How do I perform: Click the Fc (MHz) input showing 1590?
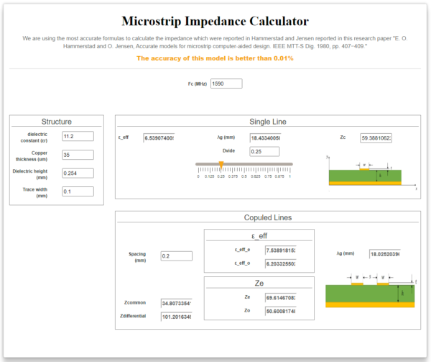tap(226, 83)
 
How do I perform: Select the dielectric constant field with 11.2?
tap(78, 136)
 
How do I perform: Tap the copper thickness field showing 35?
tap(78, 155)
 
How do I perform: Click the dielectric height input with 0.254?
tap(78, 173)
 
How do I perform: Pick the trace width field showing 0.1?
tap(78, 191)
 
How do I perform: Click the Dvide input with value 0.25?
tap(265, 151)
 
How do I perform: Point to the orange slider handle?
tap(221, 165)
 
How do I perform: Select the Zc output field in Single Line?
tap(376, 138)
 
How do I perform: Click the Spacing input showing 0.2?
tap(176, 255)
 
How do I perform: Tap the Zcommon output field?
tap(176, 303)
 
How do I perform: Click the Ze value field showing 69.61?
tap(281, 297)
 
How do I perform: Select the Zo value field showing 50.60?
tap(281, 310)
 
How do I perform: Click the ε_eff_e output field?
tap(281, 250)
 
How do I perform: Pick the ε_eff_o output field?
tap(281, 263)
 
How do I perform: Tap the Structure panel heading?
tap(56, 122)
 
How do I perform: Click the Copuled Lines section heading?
tap(267, 217)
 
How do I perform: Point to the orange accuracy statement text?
tap(215, 58)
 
